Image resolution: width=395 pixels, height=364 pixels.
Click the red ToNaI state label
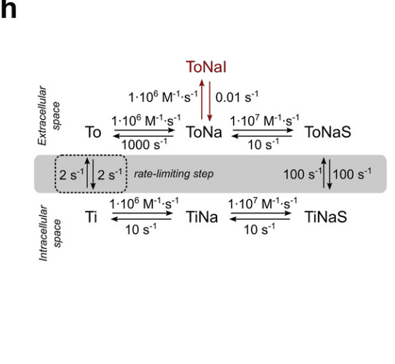(206, 67)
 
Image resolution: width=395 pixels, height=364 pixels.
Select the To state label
(93, 132)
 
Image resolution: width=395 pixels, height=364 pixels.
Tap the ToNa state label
(204, 132)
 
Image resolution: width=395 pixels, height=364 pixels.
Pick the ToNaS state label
(328, 132)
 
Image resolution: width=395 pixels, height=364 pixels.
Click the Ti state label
(91, 216)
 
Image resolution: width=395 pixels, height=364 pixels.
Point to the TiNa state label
(202, 216)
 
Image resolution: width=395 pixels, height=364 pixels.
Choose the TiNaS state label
(326, 216)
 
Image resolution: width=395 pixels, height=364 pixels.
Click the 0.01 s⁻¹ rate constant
(237, 97)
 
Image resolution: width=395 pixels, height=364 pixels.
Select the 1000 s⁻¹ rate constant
(144, 145)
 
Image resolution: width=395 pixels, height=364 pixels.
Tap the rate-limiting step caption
(174, 174)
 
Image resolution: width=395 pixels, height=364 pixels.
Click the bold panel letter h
(8, 10)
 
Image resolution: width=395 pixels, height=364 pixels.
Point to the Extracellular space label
(49, 116)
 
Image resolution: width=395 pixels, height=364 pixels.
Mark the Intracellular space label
(50, 233)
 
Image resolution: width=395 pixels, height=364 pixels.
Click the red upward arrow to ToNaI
(202, 100)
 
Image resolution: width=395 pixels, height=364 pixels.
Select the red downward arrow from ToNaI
(210, 101)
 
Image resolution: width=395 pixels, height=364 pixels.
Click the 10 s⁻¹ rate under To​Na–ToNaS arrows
(264, 145)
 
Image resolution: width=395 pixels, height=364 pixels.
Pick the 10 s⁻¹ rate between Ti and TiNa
(141, 229)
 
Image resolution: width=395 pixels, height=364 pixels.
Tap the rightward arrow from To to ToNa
(144, 130)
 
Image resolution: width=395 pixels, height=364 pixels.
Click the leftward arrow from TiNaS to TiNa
(260, 219)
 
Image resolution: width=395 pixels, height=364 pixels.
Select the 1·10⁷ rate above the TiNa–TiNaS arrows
(262, 203)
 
